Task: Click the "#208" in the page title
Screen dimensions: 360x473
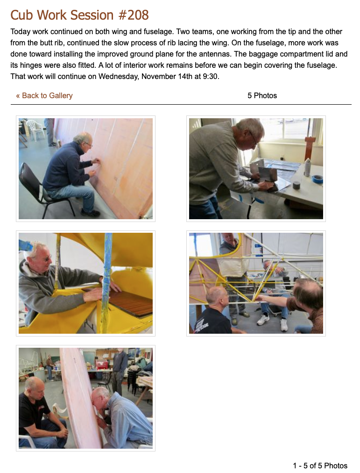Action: [134, 15]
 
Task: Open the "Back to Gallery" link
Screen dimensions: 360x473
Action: [44, 96]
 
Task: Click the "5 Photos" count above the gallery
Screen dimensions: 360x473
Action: [262, 96]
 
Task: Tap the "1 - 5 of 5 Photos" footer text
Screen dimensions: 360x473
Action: [320, 466]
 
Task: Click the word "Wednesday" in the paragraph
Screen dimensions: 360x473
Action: [119, 77]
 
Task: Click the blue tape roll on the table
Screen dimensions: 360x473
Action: [318, 179]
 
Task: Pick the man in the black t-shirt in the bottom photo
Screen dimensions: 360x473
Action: [41, 413]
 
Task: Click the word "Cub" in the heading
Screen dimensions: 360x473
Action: [21, 15]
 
